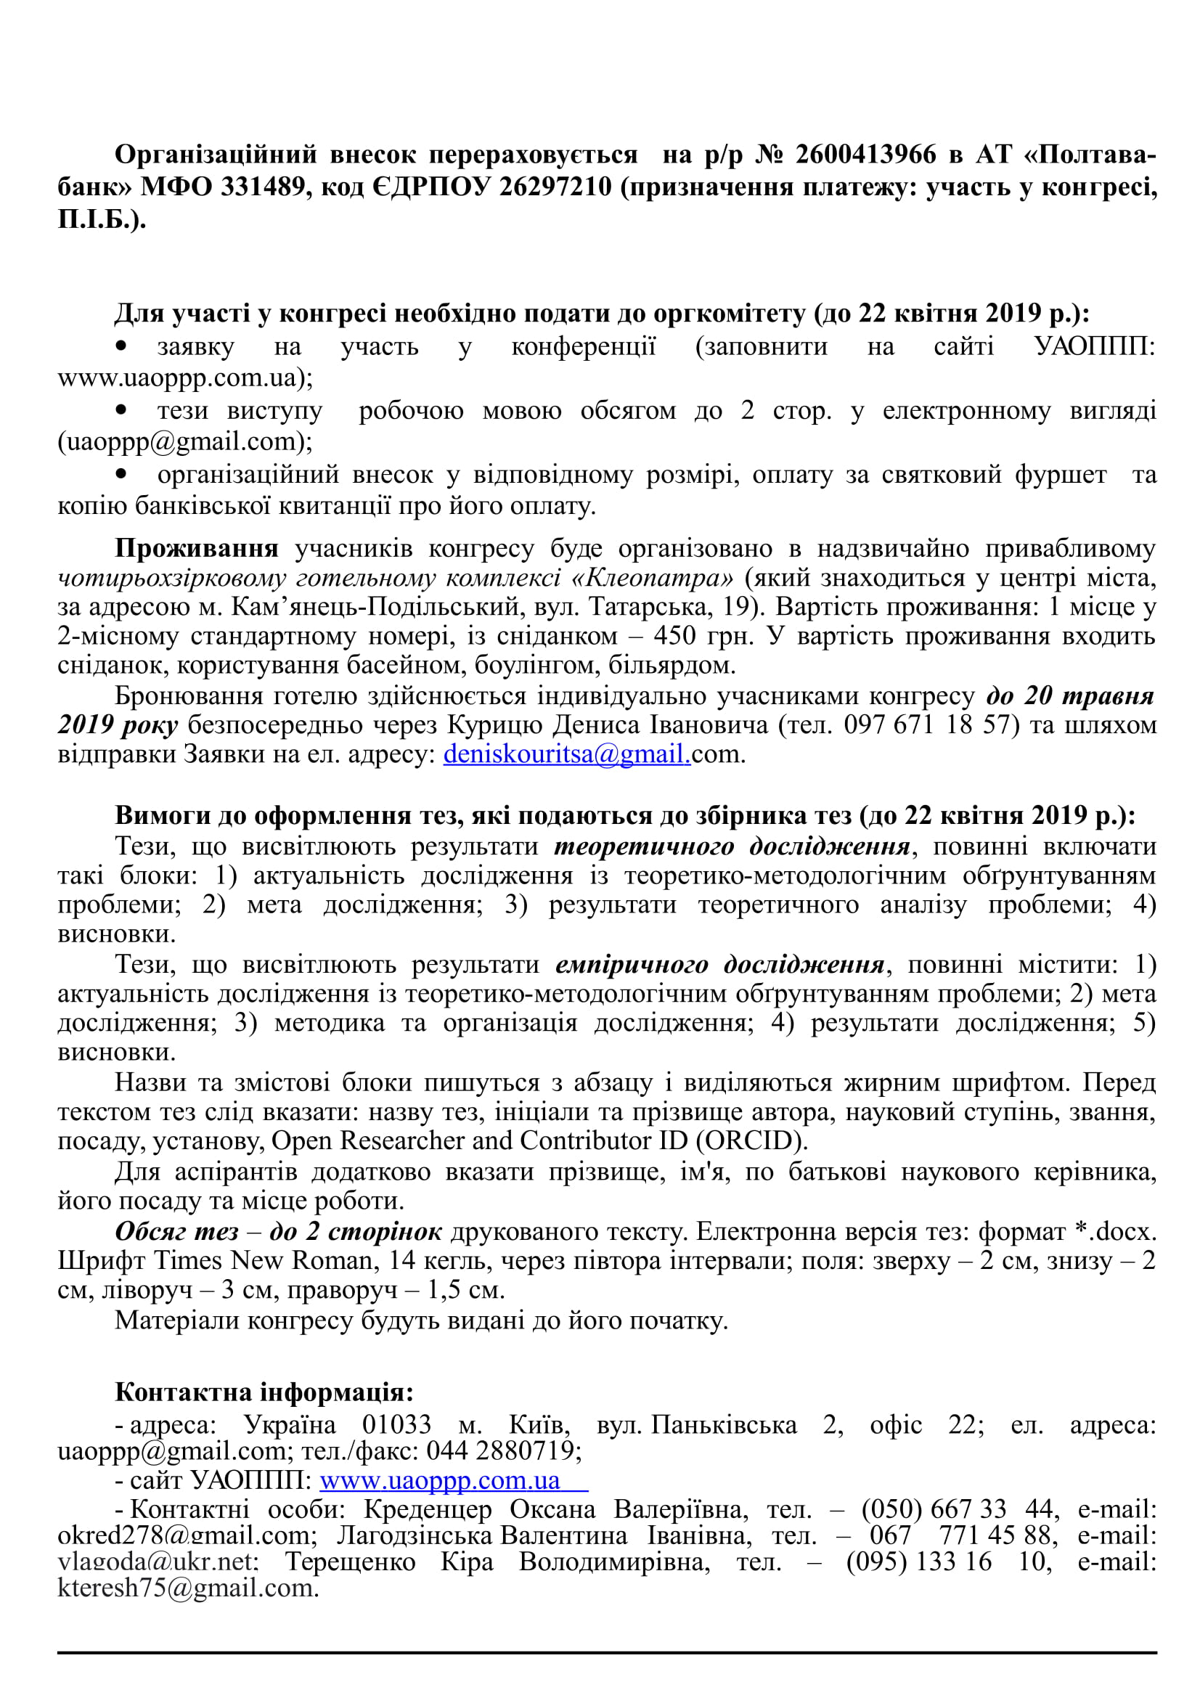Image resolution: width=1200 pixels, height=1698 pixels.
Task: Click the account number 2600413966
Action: point(865,155)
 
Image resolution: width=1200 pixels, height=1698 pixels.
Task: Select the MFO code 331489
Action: point(264,187)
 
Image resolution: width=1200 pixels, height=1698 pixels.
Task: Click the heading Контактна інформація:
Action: point(264,1392)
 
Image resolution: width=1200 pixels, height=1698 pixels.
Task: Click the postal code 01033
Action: point(396,1424)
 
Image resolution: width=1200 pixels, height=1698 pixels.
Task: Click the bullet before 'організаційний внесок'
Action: point(121,473)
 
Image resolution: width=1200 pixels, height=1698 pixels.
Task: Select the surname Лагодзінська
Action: point(415,1535)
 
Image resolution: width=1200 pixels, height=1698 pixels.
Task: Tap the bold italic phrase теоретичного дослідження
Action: point(732,846)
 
